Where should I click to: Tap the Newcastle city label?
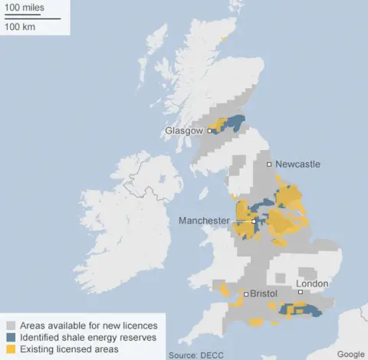297,165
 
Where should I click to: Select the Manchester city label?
204,221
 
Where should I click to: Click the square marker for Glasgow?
209,131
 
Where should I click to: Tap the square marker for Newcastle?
269,165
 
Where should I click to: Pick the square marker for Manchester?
254,221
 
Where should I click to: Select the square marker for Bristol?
245,294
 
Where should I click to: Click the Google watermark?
350,354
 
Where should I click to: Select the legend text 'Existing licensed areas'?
70,349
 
